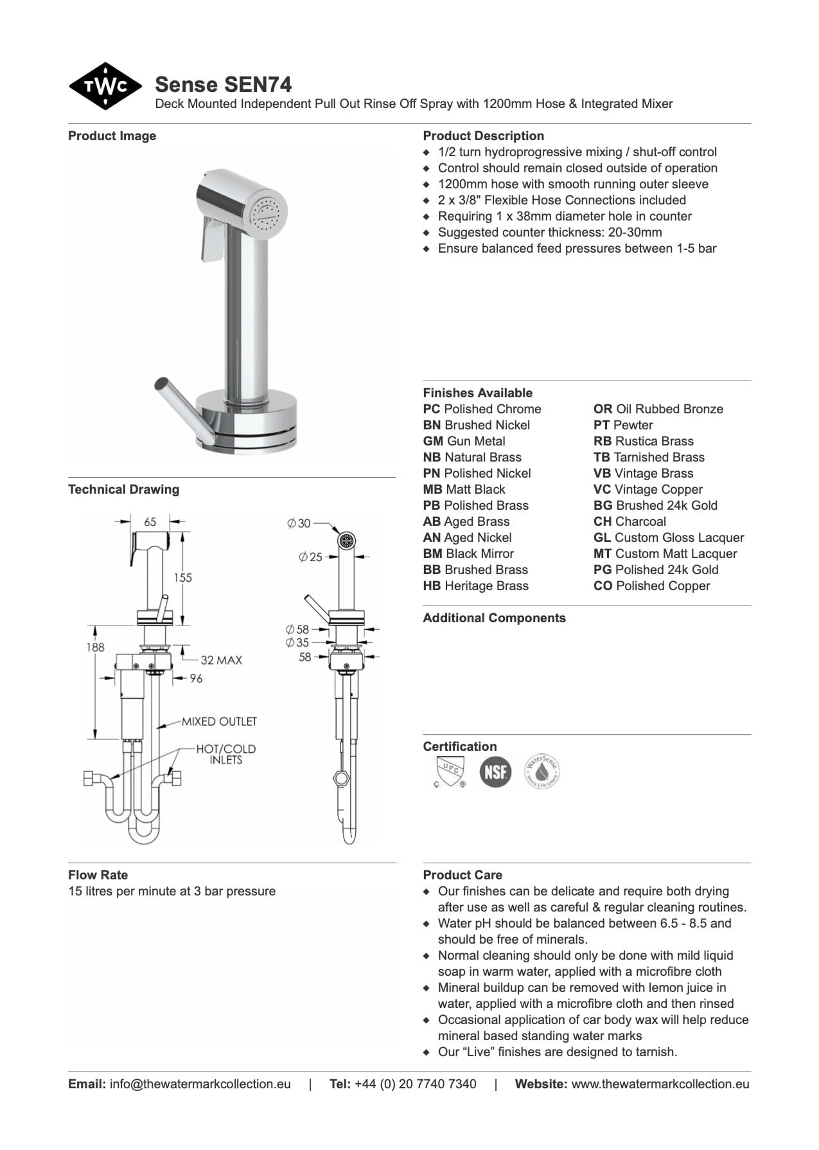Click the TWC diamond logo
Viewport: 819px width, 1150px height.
pyautogui.click(x=105, y=86)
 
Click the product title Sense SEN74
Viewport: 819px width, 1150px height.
pyautogui.click(x=223, y=84)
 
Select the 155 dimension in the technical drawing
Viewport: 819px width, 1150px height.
pyautogui.click(x=182, y=577)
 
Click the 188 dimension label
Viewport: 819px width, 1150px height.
pyautogui.click(x=95, y=647)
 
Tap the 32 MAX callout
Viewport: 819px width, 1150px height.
pyautogui.click(x=221, y=660)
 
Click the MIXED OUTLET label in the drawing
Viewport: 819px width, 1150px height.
pyautogui.click(x=218, y=721)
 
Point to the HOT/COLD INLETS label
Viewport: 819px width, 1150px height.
pyautogui.click(x=225, y=754)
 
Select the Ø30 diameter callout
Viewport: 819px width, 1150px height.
pyautogui.click(x=299, y=523)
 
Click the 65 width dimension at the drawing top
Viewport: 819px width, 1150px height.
pyautogui.click(x=150, y=522)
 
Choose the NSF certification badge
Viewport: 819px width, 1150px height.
pyautogui.click(x=495, y=771)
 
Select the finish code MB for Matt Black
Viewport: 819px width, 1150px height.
pyautogui.click(x=432, y=489)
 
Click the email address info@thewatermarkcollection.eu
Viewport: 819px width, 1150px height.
pyautogui.click(x=200, y=1084)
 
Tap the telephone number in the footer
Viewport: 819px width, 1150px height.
pyautogui.click(x=415, y=1084)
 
